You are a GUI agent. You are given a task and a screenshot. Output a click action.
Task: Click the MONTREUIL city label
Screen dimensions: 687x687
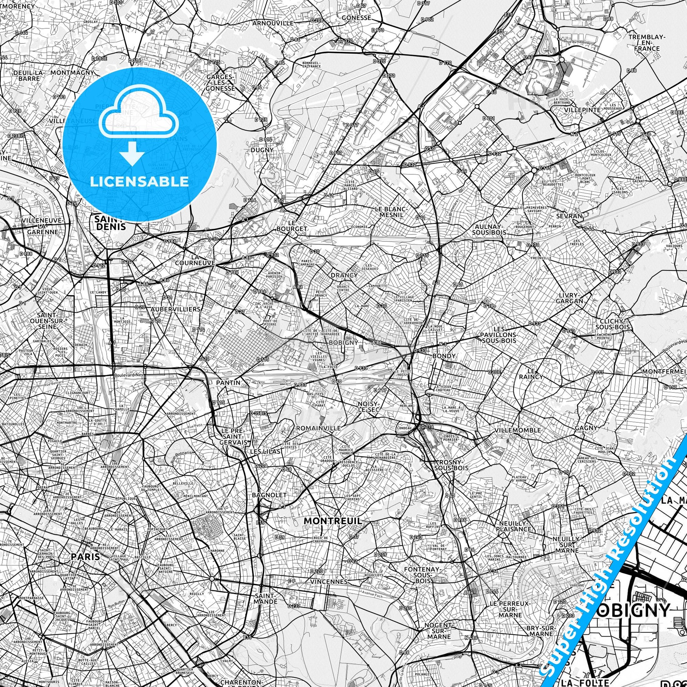(x=333, y=521)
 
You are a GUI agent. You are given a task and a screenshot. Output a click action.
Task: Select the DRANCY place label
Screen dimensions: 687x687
(x=344, y=275)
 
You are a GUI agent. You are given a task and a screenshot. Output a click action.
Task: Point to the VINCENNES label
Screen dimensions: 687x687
(x=329, y=581)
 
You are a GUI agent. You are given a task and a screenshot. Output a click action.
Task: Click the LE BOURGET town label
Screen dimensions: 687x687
(x=292, y=225)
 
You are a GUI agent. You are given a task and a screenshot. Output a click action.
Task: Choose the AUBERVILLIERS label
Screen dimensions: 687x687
(x=175, y=309)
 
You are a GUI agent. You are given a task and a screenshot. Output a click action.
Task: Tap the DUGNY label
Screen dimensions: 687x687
(x=262, y=150)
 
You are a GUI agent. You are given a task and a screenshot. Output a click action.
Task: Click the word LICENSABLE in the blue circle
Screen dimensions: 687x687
(x=139, y=181)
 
